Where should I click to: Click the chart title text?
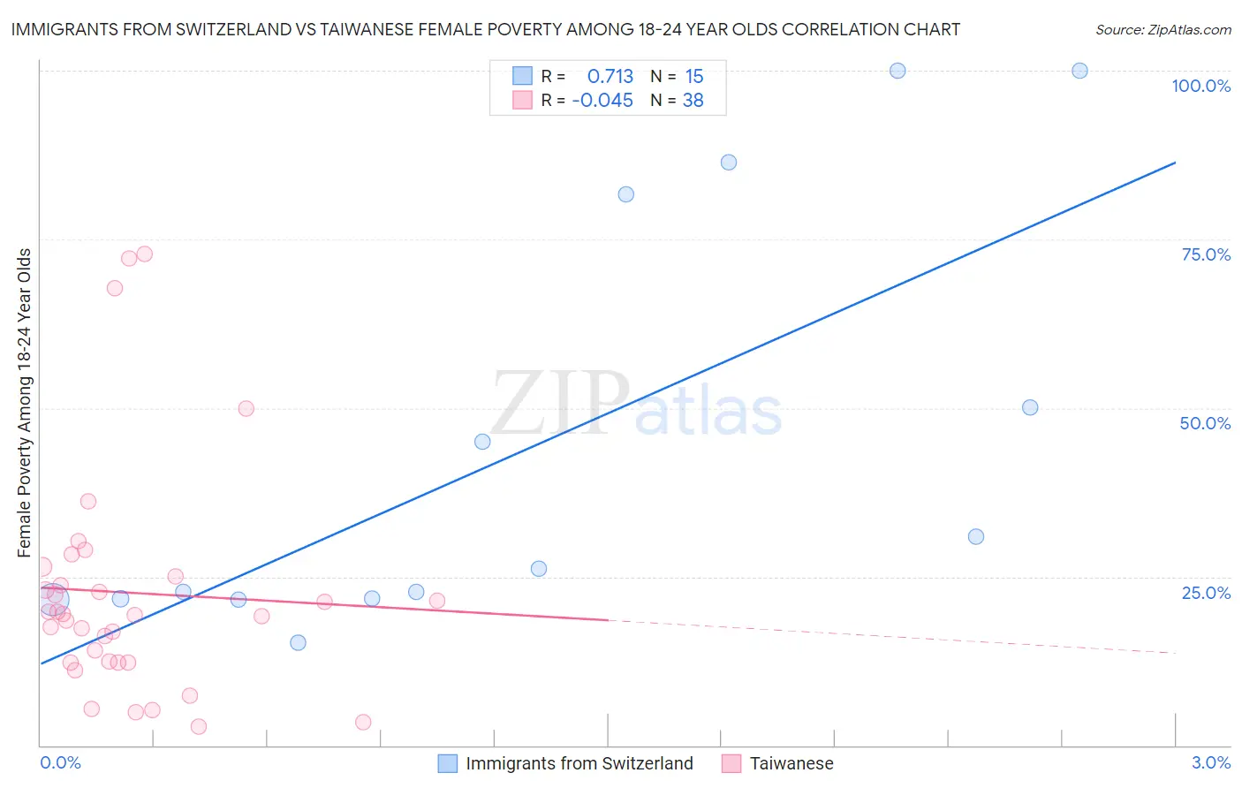[x=485, y=29]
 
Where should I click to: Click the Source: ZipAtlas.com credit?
[x=1162, y=29]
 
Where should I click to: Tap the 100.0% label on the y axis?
[x=1200, y=86]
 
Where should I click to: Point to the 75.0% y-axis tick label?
[x=1205, y=254]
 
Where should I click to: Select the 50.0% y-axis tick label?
[x=1204, y=423]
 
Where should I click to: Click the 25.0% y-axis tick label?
[x=1205, y=592]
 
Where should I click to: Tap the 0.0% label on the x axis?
[x=60, y=762]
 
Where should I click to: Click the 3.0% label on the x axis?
[x=1210, y=762]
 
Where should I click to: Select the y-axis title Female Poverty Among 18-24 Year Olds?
[x=25, y=403]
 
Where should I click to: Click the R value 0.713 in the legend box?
[x=610, y=77]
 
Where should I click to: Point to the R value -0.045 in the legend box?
[x=602, y=101]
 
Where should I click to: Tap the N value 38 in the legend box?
[x=693, y=101]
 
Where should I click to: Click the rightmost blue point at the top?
[x=1079, y=71]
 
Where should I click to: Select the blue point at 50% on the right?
[x=1030, y=407]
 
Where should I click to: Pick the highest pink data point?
[x=145, y=254]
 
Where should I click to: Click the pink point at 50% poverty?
[x=246, y=408]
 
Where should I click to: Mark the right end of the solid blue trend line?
[x=1175, y=163]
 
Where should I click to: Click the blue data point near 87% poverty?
[x=729, y=162]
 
